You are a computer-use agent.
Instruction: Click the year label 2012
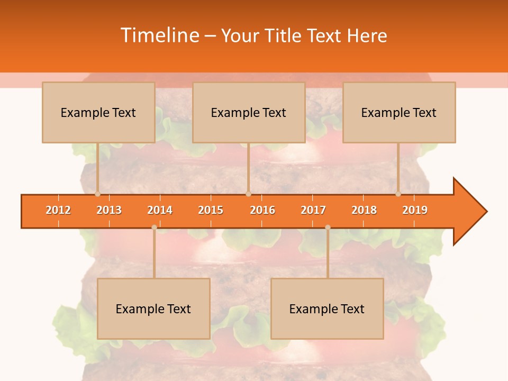58,210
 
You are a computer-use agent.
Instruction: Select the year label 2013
109,210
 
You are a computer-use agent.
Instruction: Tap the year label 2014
160,210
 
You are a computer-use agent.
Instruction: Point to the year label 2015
211,210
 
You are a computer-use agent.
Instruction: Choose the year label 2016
262,210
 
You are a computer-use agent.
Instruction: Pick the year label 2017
313,210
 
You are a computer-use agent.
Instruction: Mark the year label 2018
364,210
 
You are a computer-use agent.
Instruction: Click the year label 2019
415,210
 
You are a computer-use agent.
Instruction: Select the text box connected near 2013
98,112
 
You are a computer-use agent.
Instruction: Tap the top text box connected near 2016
249,112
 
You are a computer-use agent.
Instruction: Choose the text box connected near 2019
399,112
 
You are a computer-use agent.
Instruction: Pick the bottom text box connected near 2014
153,309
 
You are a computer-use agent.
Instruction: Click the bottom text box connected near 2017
327,309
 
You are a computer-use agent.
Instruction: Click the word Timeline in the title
159,35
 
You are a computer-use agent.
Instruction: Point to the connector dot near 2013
98,194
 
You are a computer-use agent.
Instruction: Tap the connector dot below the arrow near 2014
154,228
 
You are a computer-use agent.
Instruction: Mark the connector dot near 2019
398,194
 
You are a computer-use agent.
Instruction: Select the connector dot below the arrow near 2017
328,228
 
